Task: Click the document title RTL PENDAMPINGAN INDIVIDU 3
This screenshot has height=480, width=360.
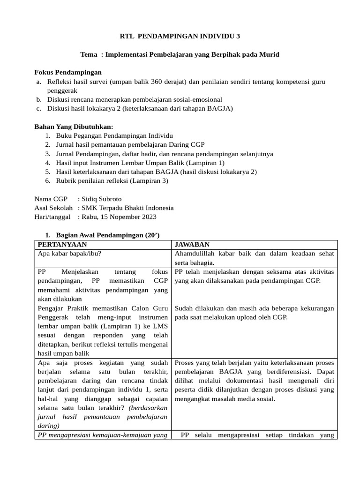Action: [180, 36]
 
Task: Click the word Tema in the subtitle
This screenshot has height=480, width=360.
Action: [89, 54]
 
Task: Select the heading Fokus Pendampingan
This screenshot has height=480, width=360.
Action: [68, 72]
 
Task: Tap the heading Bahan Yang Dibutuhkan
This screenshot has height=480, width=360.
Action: [74, 127]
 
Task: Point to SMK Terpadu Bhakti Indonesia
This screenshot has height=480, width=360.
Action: [127, 208]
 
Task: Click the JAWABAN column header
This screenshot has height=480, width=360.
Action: [192, 245]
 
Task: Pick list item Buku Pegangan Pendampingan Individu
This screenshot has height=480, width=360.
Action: [108, 135]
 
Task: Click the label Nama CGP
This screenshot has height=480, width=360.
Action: [51, 199]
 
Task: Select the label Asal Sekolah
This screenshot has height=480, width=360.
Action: [53, 208]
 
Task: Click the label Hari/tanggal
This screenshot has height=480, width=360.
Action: [52, 217]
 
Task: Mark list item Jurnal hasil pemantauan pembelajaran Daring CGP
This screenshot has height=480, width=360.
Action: [130, 144]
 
